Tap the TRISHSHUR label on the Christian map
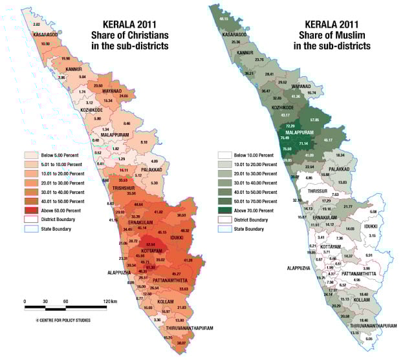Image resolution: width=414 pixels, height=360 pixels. [124, 187]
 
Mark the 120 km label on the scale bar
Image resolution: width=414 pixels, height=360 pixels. [109, 302]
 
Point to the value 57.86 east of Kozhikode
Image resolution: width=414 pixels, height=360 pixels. [315, 120]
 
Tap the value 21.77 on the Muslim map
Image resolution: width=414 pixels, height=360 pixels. [348, 206]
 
